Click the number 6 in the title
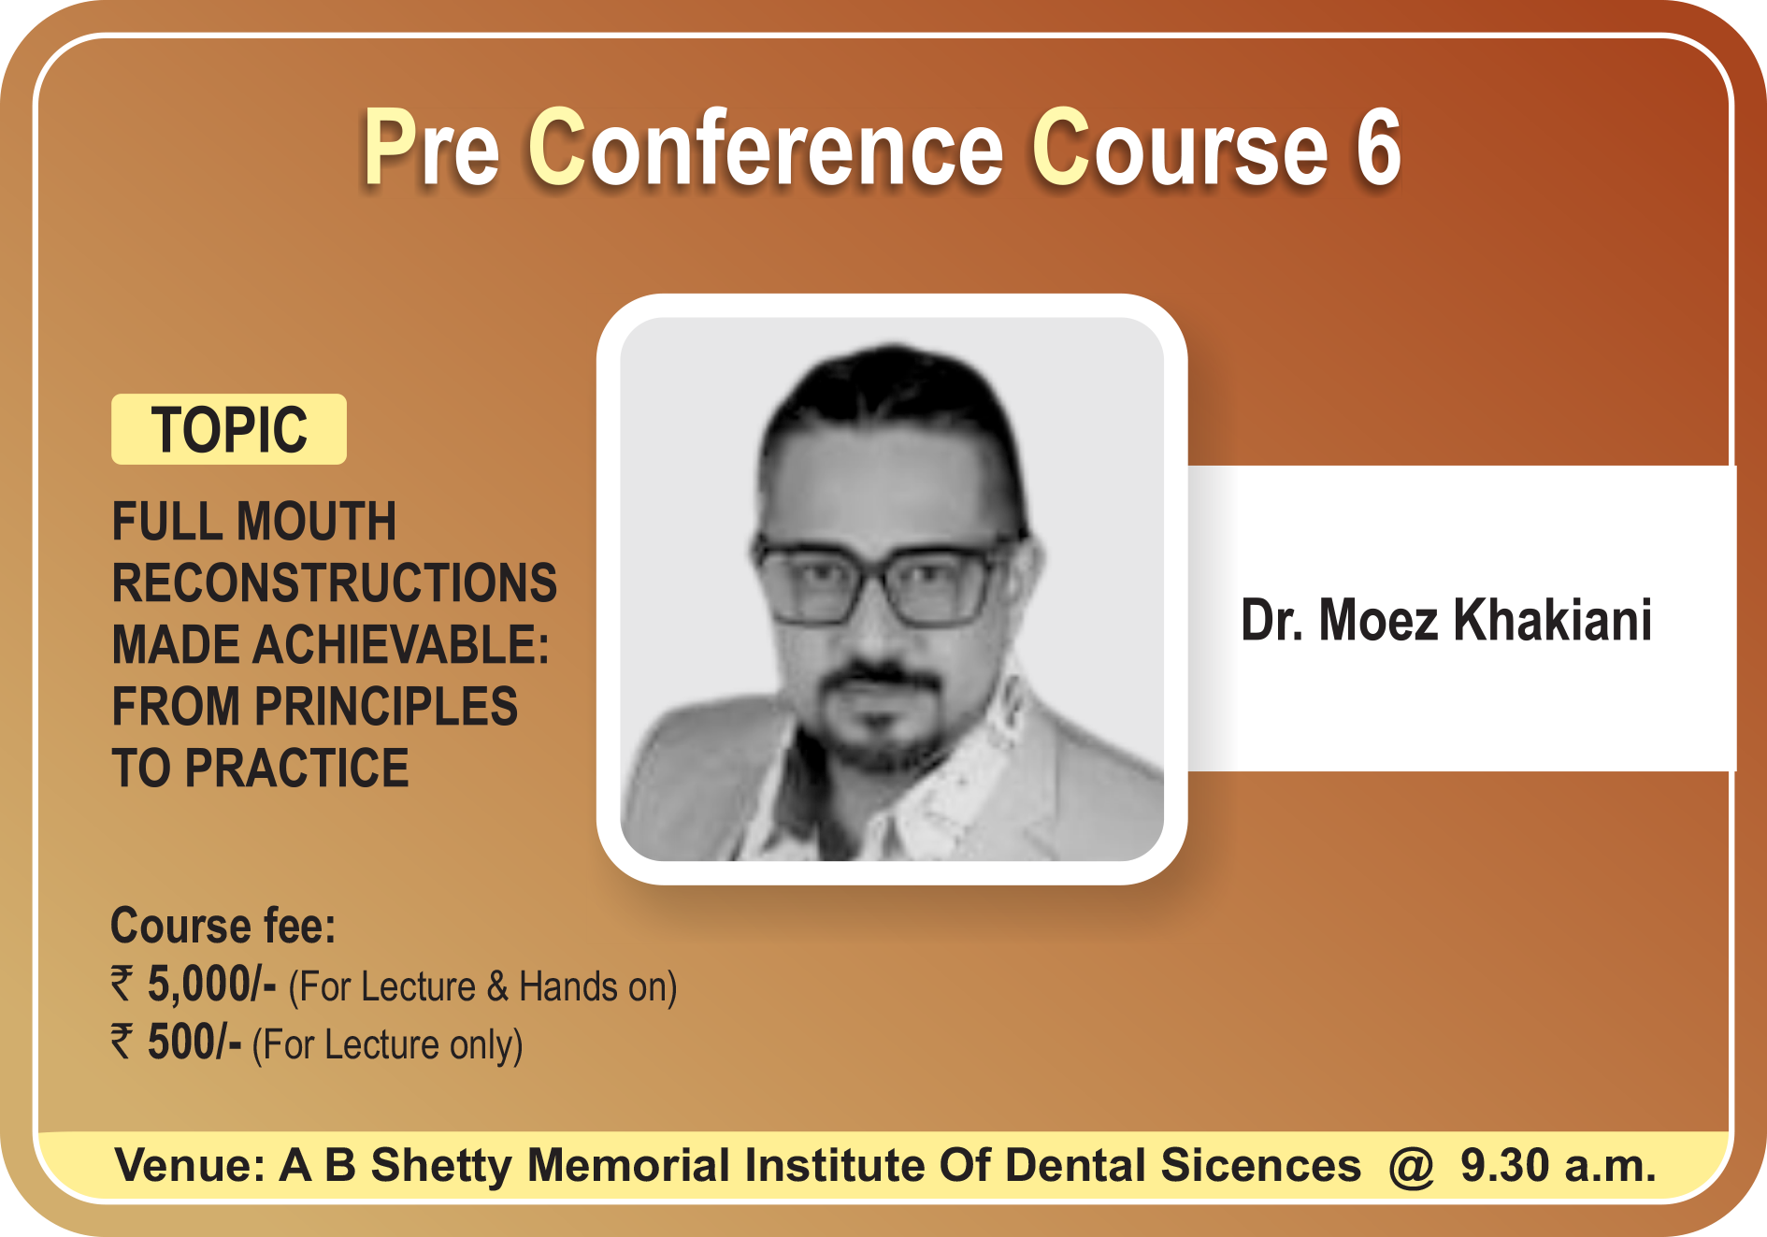click(x=1378, y=148)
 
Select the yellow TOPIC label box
click(x=229, y=429)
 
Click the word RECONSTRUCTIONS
click(x=335, y=583)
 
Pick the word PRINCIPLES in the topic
click(x=386, y=706)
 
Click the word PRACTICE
click(x=296, y=768)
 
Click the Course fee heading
click(x=223, y=925)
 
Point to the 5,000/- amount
click(x=211, y=985)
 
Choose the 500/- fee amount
click(x=194, y=1043)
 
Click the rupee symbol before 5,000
click(x=122, y=985)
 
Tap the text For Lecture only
click(x=387, y=1044)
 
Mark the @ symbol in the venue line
click(x=1411, y=1167)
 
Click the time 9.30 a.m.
click(x=1558, y=1165)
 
